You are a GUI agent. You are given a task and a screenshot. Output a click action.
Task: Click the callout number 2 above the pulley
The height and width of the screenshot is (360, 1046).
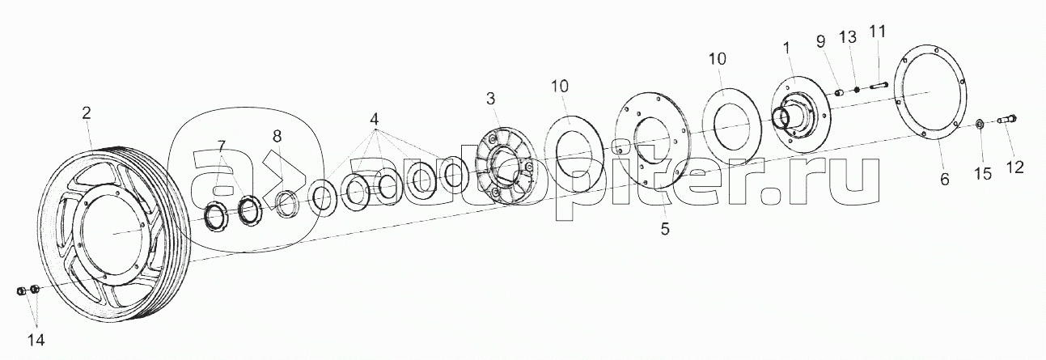click(86, 113)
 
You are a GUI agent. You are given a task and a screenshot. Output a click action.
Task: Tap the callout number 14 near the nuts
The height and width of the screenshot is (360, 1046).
click(36, 340)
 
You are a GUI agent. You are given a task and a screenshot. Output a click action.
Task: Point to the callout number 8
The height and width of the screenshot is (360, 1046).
click(277, 137)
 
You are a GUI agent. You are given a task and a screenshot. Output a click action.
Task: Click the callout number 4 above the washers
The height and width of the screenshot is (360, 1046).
click(374, 120)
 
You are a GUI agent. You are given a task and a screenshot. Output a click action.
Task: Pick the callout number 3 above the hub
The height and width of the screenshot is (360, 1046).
click(490, 99)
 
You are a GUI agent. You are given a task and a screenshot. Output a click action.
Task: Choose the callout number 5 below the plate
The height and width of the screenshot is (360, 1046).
click(665, 228)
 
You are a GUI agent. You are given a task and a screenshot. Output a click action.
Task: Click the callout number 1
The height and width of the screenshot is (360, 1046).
click(787, 48)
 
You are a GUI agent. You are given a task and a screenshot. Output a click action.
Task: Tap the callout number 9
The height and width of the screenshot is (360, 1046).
click(821, 42)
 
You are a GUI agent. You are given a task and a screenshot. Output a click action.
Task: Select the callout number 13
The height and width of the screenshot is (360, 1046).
click(848, 37)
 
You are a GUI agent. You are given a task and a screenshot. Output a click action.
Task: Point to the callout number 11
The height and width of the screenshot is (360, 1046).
click(878, 32)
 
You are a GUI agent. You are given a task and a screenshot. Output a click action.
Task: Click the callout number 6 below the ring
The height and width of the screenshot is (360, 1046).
click(945, 179)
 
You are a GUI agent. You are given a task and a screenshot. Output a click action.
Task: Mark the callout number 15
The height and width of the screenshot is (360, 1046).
click(982, 174)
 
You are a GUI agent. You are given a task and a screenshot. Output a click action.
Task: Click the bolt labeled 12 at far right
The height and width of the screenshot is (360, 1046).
click(1008, 120)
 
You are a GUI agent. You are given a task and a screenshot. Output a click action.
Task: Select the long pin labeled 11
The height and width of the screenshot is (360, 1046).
click(878, 86)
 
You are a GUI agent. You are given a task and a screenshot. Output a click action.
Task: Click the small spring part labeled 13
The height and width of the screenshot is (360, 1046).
click(857, 89)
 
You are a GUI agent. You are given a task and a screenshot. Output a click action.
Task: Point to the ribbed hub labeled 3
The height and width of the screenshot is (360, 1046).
click(504, 167)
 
